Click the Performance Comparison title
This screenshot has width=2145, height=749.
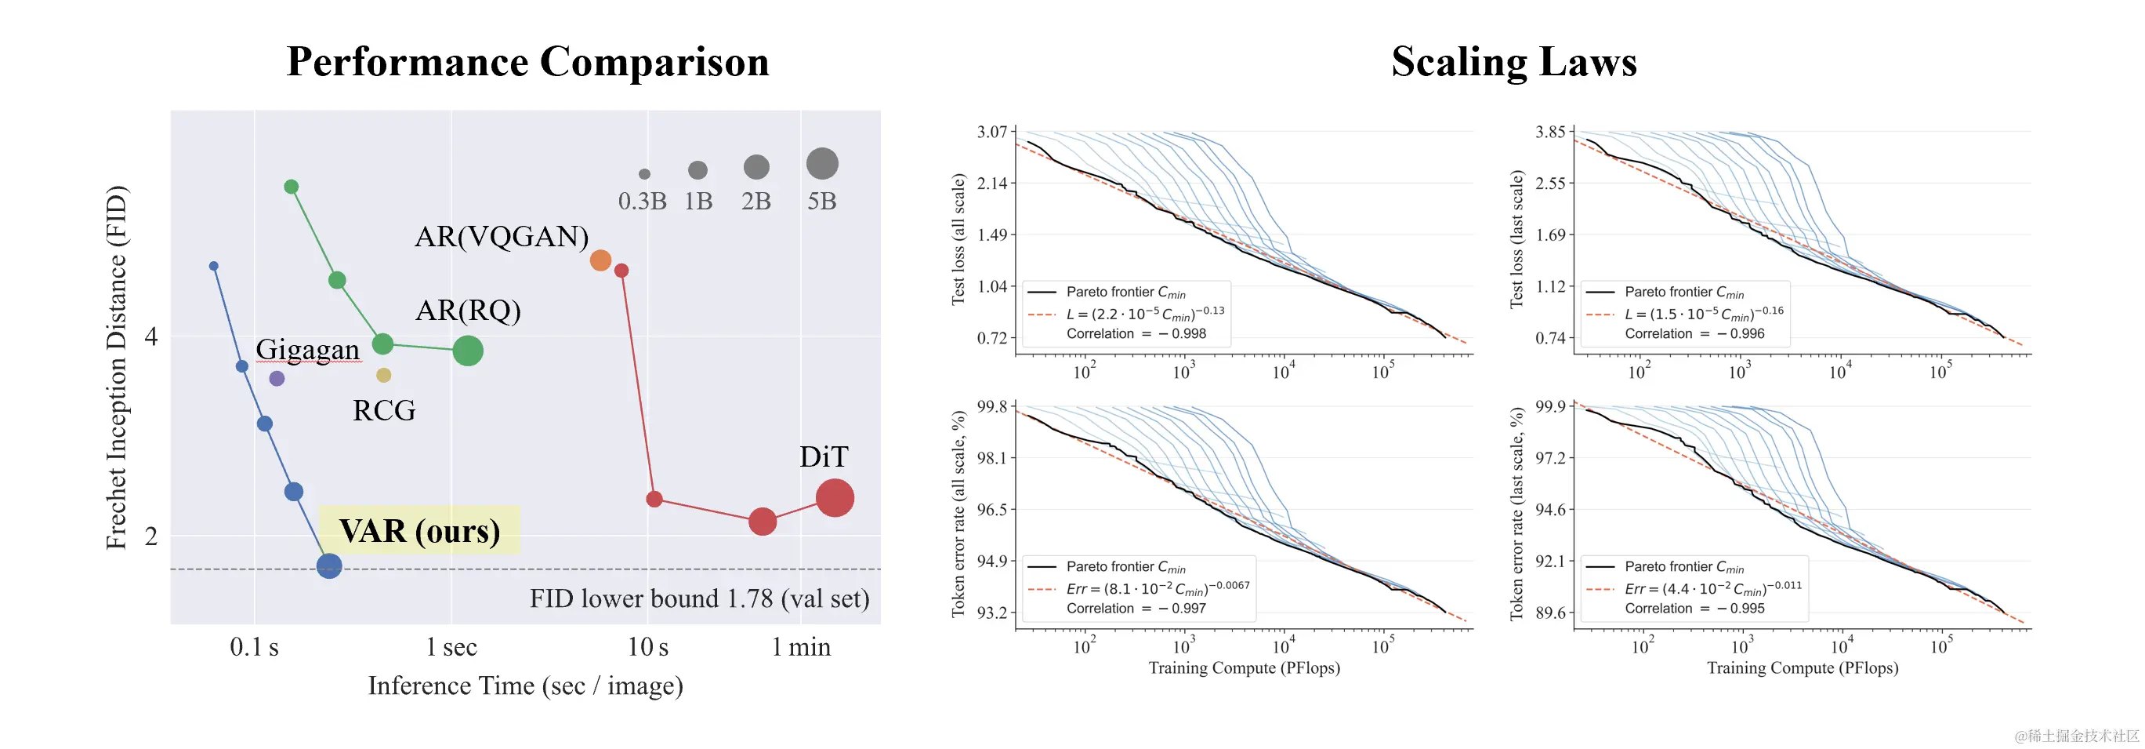pyautogui.click(x=527, y=62)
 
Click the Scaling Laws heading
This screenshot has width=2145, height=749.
pyautogui.click(x=1513, y=62)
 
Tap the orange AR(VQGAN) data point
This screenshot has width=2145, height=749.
pyautogui.click(x=600, y=260)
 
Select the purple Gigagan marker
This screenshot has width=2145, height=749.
pyautogui.click(x=277, y=378)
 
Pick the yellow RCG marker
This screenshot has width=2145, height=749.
pyautogui.click(x=384, y=375)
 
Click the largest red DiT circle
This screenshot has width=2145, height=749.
pyautogui.click(x=835, y=498)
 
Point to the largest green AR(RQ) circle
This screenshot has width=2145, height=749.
pyautogui.click(x=468, y=351)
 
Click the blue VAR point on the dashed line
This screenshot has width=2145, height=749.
pyautogui.click(x=329, y=566)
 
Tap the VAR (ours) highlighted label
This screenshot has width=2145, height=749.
pyautogui.click(x=420, y=531)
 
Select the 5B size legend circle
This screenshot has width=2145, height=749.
pyautogui.click(x=822, y=164)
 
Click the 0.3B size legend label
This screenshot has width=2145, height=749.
pyautogui.click(x=642, y=201)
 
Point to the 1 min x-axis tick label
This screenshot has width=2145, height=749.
pyautogui.click(x=801, y=646)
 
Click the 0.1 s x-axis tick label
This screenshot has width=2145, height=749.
pyautogui.click(x=254, y=646)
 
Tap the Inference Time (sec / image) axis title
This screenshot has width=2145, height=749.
pyautogui.click(x=525, y=685)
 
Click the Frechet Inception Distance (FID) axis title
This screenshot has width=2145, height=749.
pyautogui.click(x=117, y=367)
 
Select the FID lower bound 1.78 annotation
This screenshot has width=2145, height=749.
pyautogui.click(x=699, y=598)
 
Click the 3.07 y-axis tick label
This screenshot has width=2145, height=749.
pyautogui.click(x=991, y=132)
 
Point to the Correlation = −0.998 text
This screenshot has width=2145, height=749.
pyautogui.click(x=1136, y=333)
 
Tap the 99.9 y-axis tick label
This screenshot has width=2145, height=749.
pyautogui.click(x=1549, y=406)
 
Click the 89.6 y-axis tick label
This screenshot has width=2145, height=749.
pyautogui.click(x=1549, y=613)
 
